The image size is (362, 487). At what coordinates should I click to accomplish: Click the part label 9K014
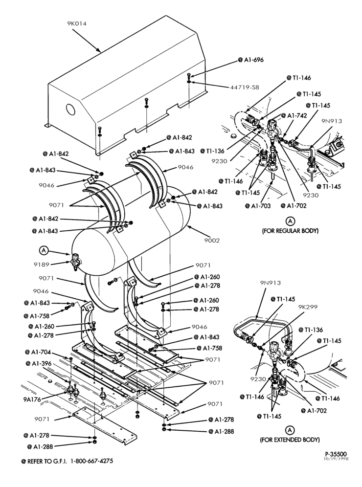(x=77, y=23)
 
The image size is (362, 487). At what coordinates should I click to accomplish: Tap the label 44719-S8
(x=245, y=88)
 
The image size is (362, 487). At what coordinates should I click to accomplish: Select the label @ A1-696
(x=251, y=60)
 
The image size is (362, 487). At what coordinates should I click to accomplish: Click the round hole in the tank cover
(x=70, y=110)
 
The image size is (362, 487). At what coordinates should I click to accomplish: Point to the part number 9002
(x=212, y=241)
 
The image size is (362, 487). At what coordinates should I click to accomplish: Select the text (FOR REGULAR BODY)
(x=290, y=231)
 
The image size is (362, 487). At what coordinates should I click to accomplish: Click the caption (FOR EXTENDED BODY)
(x=290, y=440)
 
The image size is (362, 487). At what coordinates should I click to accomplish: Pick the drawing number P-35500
(x=336, y=454)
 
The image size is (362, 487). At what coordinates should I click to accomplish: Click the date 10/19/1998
(x=336, y=459)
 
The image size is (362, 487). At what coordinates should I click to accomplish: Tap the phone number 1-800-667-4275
(x=91, y=461)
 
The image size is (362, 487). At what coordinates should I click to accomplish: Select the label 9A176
(x=32, y=399)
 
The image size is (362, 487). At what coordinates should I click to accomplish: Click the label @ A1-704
(x=38, y=352)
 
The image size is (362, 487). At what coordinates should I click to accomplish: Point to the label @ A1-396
(x=39, y=363)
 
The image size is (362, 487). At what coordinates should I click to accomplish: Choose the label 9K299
(x=308, y=307)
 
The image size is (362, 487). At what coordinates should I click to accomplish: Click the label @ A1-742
(x=294, y=115)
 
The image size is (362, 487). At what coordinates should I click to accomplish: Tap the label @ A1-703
(x=258, y=206)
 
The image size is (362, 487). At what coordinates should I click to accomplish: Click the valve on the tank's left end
(x=75, y=260)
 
